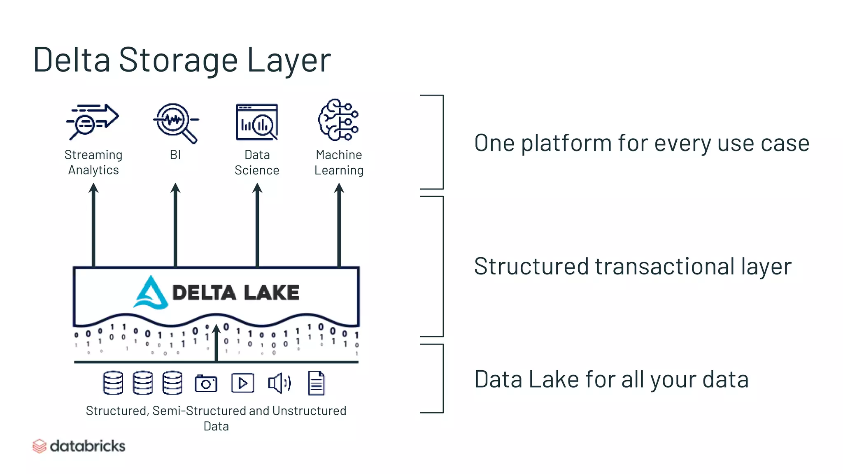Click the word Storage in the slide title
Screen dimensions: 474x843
(x=178, y=60)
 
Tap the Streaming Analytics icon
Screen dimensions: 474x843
(x=93, y=121)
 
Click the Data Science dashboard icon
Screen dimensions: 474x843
(x=257, y=122)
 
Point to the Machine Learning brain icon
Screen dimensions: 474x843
(x=338, y=120)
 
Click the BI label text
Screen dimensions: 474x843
(x=175, y=155)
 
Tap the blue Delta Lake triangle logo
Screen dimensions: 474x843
(x=151, y=293)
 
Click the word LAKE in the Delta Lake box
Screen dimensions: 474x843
(x=271, y=293)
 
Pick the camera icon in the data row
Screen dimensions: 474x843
(x=206, y=383)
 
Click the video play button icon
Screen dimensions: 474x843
(x=242, y=383)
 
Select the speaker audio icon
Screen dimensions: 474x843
(x=279, y=383)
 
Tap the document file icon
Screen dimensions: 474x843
(x=316, y=383)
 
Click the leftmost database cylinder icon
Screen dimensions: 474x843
(x=113, y=383)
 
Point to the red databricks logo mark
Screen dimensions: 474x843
(x=39, y=446)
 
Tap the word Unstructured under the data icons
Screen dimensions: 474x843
(x=309, y=411)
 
